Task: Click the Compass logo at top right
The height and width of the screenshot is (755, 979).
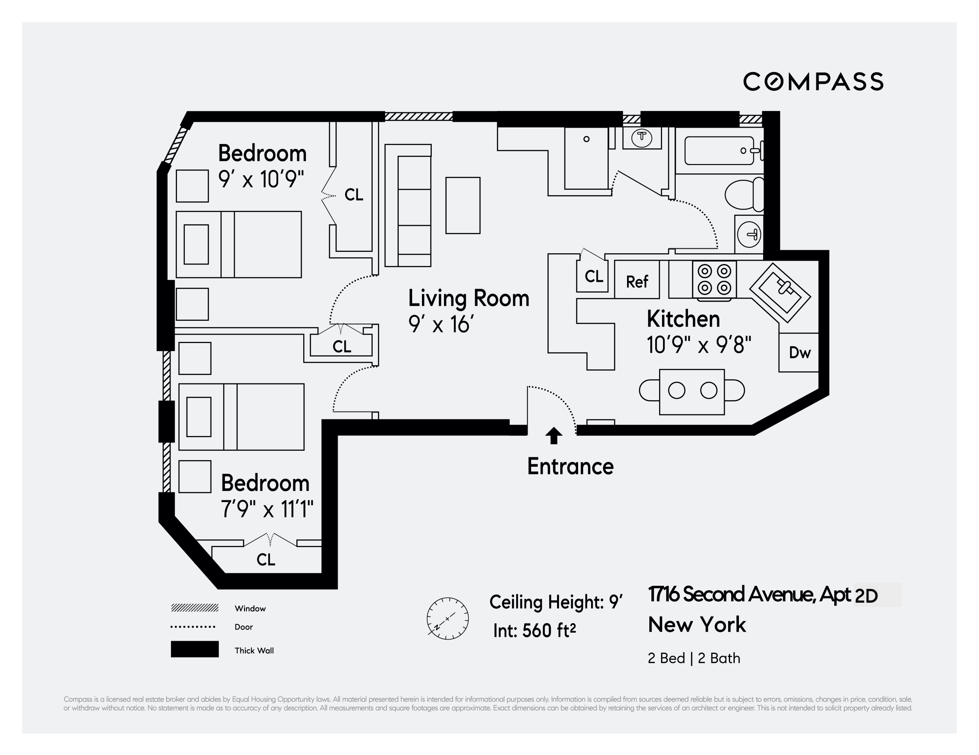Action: click(x=813, y=81)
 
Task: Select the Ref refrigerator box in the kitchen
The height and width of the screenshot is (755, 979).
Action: click(x=637, y=280)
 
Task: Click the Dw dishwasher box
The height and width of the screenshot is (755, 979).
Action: click(x=799, y=353)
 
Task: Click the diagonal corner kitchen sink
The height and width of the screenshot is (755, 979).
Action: click(x=780, y=292)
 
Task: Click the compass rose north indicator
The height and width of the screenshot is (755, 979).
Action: click(x=447, y=618)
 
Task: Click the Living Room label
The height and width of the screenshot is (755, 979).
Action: click(x=468, y=298)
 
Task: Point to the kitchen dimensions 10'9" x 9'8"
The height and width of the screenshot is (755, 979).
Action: click(x=698, y=345)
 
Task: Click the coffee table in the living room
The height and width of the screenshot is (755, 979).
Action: click(x=463, y=205)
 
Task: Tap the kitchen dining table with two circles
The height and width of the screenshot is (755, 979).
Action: click(x=692, y=391)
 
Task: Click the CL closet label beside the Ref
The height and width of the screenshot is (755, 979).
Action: click(x=593, y=277)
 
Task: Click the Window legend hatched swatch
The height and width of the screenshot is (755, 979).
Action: click(x=195, y=608)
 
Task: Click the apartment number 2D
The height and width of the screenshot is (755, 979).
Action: click(x=866, y=596)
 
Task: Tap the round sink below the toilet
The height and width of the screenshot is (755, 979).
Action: click(x=749, y=234)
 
